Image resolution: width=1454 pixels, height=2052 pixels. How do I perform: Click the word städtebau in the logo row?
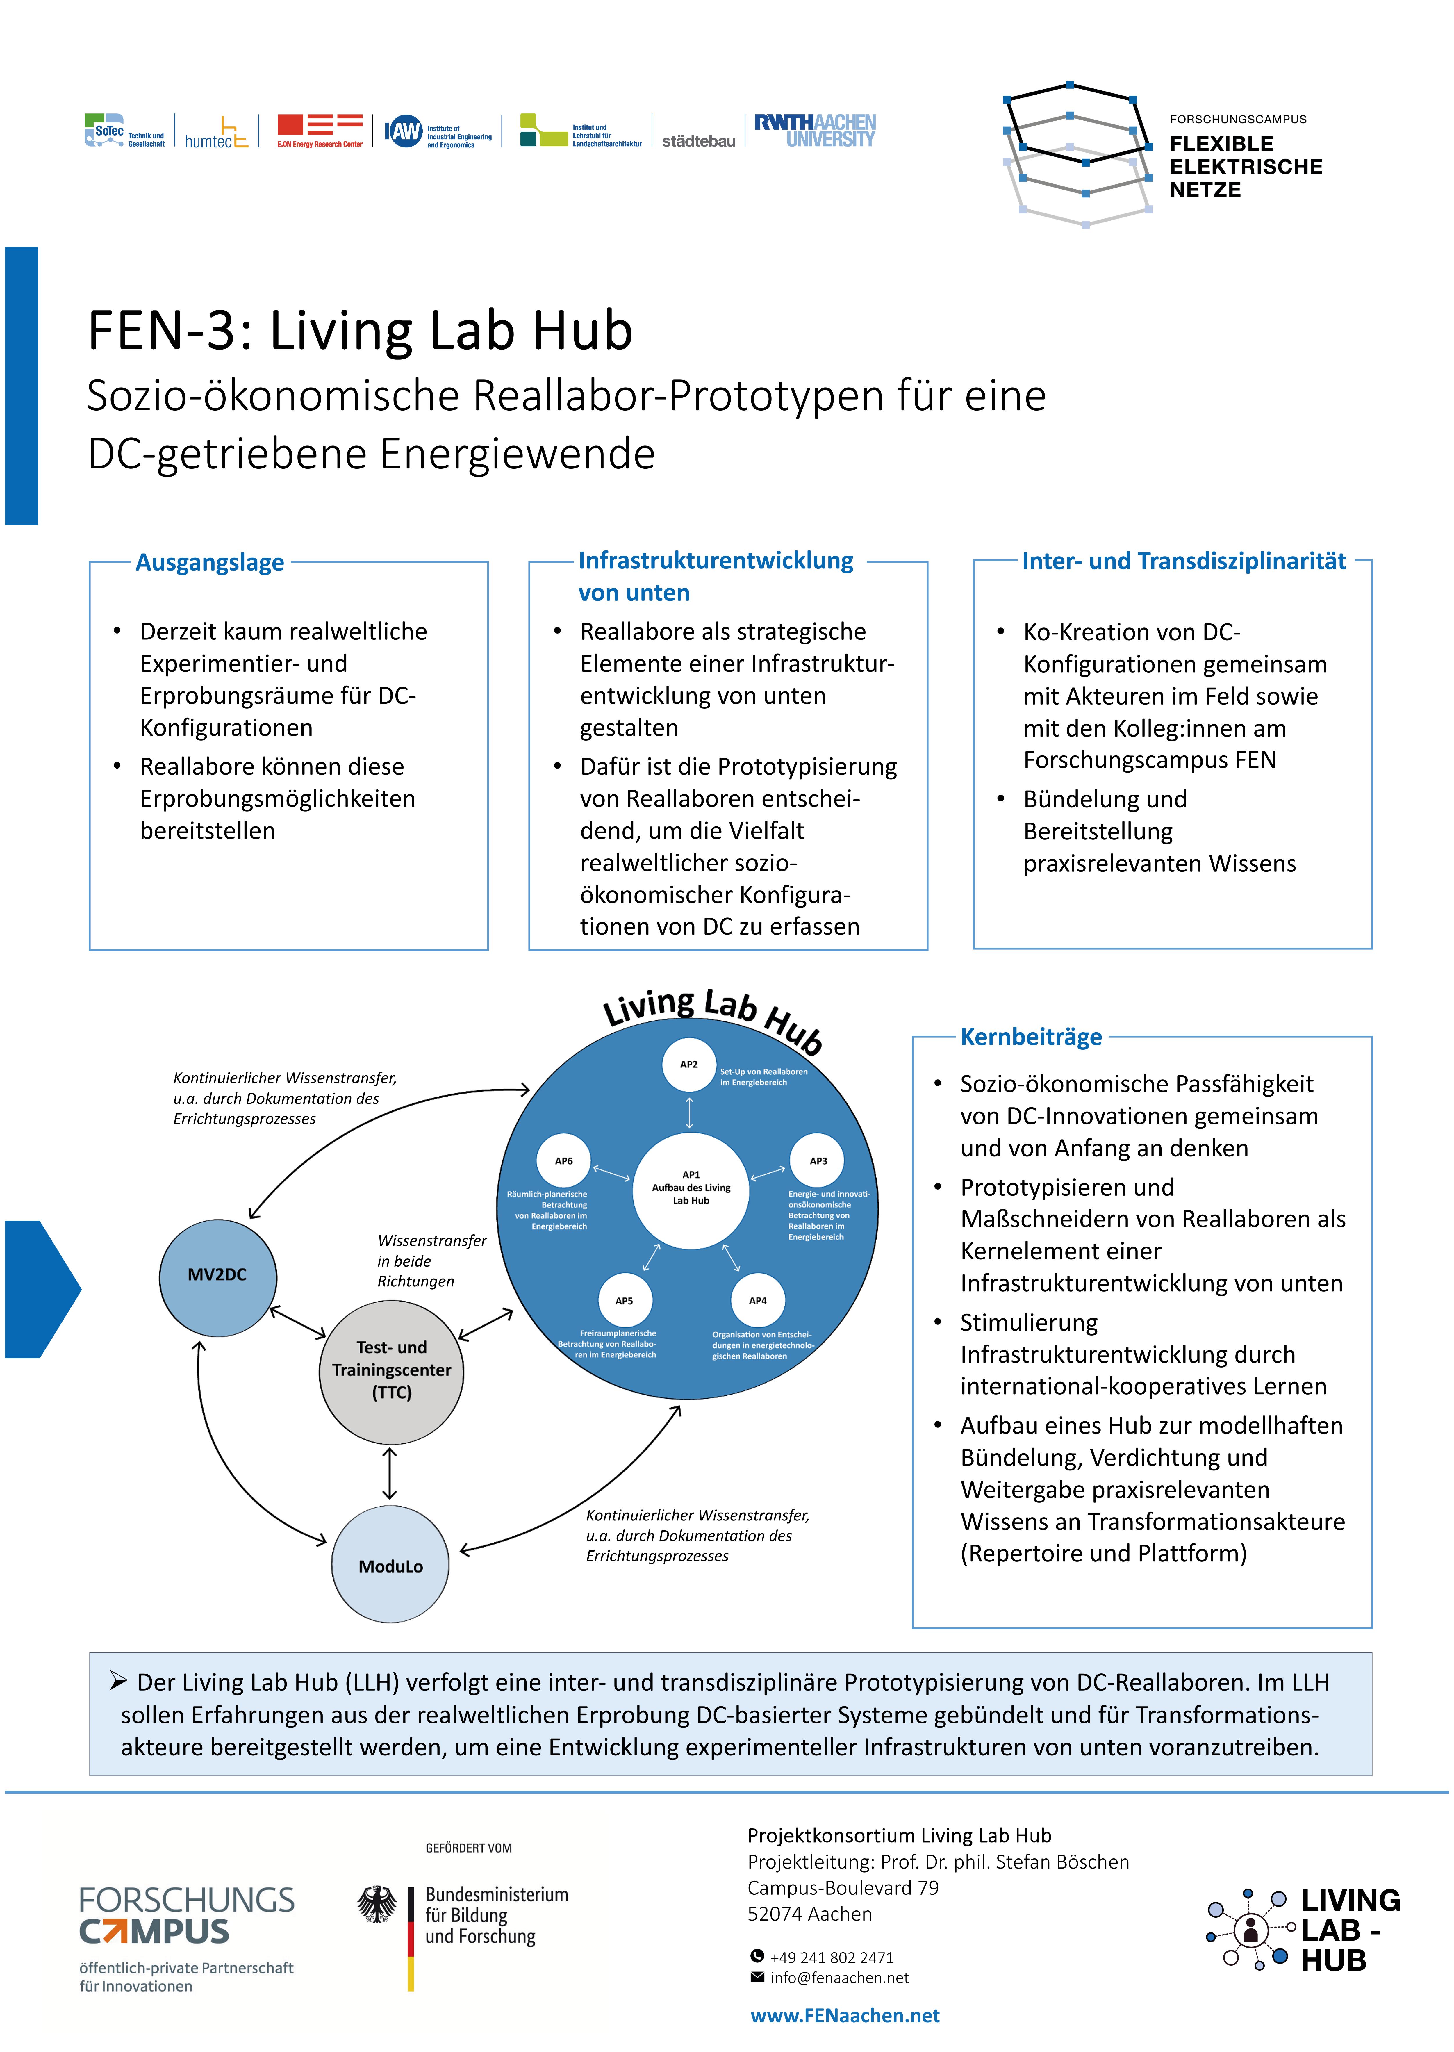click(698, 140)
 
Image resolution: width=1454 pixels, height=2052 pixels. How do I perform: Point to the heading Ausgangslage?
click(210, 562)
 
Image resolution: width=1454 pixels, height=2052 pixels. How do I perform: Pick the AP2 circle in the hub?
click(688, 1065)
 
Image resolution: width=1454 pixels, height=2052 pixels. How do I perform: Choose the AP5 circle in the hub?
click(624, 1301)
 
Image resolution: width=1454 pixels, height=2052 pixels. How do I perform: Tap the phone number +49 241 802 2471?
click(832, 1958)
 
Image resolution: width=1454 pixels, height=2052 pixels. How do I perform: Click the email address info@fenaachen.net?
click(839, 1978)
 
